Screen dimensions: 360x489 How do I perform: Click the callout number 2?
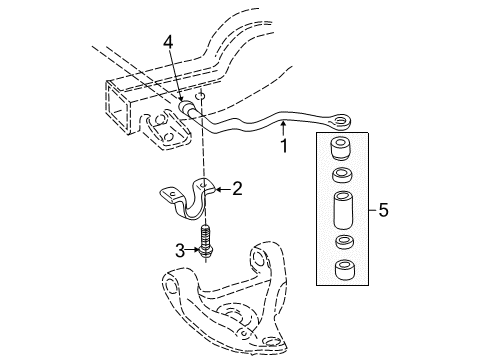[x=237, y=188]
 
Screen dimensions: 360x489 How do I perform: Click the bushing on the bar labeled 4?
[x=186, y=110]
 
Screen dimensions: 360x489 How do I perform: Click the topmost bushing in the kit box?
[x=342, y=147]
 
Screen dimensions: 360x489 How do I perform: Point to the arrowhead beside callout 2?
[x=220, y=188]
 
